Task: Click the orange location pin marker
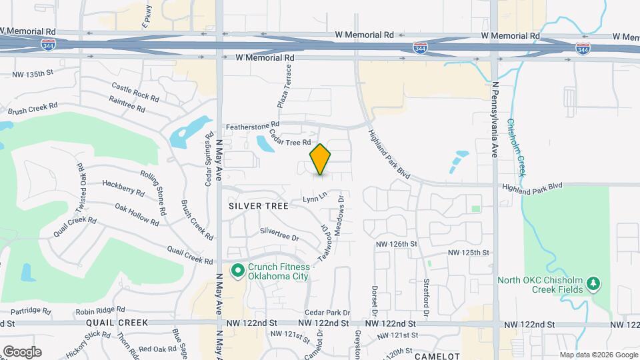point(321,159)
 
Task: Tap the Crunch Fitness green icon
point(237,270)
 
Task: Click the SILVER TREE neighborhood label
point(259,206)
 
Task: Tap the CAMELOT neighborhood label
point(437,356)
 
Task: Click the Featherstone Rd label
point(251,126)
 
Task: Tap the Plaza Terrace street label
point(284,91)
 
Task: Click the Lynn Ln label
point(315,197)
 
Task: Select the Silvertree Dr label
point(279,233)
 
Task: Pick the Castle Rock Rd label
point(135,91)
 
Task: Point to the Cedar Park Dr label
point(327,312)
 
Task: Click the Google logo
point(22,351)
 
